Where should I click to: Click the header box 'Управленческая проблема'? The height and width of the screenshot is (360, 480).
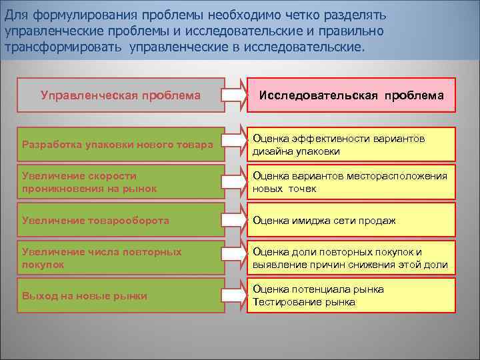click(121, 95)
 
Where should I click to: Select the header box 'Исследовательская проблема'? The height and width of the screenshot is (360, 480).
click(351, 95)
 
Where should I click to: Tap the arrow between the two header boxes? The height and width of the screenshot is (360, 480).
click(234, 95)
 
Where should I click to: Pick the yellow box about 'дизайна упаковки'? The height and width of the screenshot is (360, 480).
click(351, 145)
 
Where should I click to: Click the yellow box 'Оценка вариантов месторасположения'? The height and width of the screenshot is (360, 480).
click(351, 182)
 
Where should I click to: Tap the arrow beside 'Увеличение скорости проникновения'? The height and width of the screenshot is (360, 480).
click(234, 182)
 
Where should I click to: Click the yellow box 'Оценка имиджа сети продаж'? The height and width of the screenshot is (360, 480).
click(351, 220)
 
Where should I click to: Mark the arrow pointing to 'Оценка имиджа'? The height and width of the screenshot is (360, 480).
click(234, 220)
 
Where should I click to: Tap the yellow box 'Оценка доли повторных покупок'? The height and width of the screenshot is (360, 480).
click(351, 258)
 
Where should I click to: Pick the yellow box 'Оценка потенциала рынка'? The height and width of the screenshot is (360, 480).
click(351, 295)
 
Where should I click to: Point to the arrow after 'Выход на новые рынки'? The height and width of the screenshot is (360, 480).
click(234, 295)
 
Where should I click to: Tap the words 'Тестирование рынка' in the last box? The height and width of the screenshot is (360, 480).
click(304, 302)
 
